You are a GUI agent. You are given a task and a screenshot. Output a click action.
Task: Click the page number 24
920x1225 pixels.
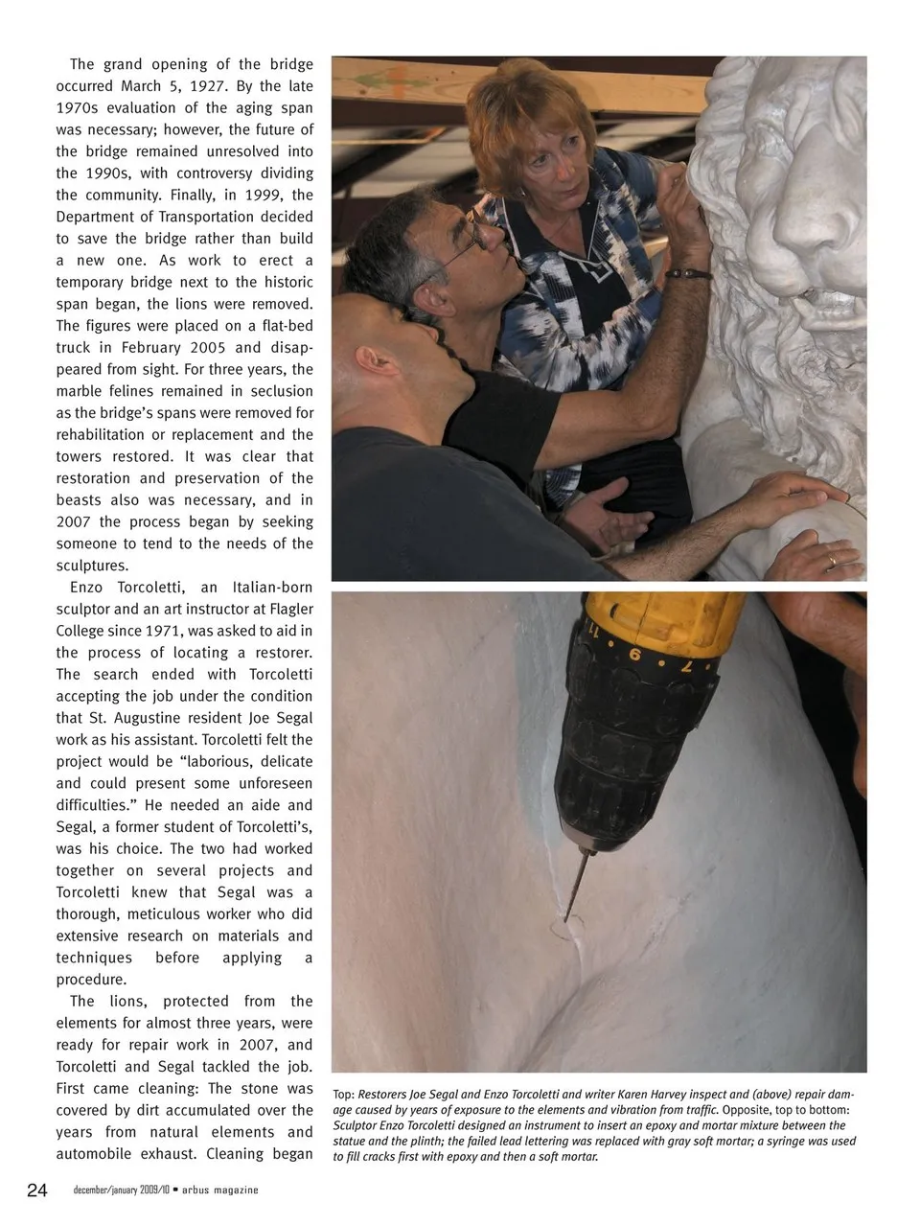[36, 1190]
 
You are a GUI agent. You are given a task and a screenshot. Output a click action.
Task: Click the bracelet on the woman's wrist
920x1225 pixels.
[689, 273]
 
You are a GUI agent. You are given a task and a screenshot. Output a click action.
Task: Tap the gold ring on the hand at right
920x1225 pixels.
[831, 559]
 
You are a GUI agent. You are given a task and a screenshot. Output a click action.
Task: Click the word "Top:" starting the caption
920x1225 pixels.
[344, 1095]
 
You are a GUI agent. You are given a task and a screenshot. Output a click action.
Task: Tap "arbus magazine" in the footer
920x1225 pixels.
[220, 1190]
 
